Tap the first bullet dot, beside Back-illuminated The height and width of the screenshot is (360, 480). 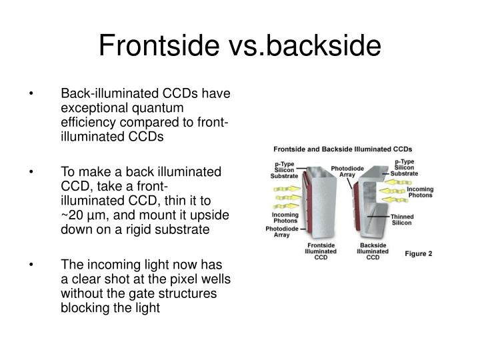click(31, 95)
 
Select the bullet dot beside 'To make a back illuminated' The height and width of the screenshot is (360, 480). click(31, 171)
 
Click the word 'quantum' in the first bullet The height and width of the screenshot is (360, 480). click(163, 107)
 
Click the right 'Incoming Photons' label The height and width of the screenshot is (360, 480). click(420, 193)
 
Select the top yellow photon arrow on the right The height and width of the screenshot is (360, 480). click(405, 181)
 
